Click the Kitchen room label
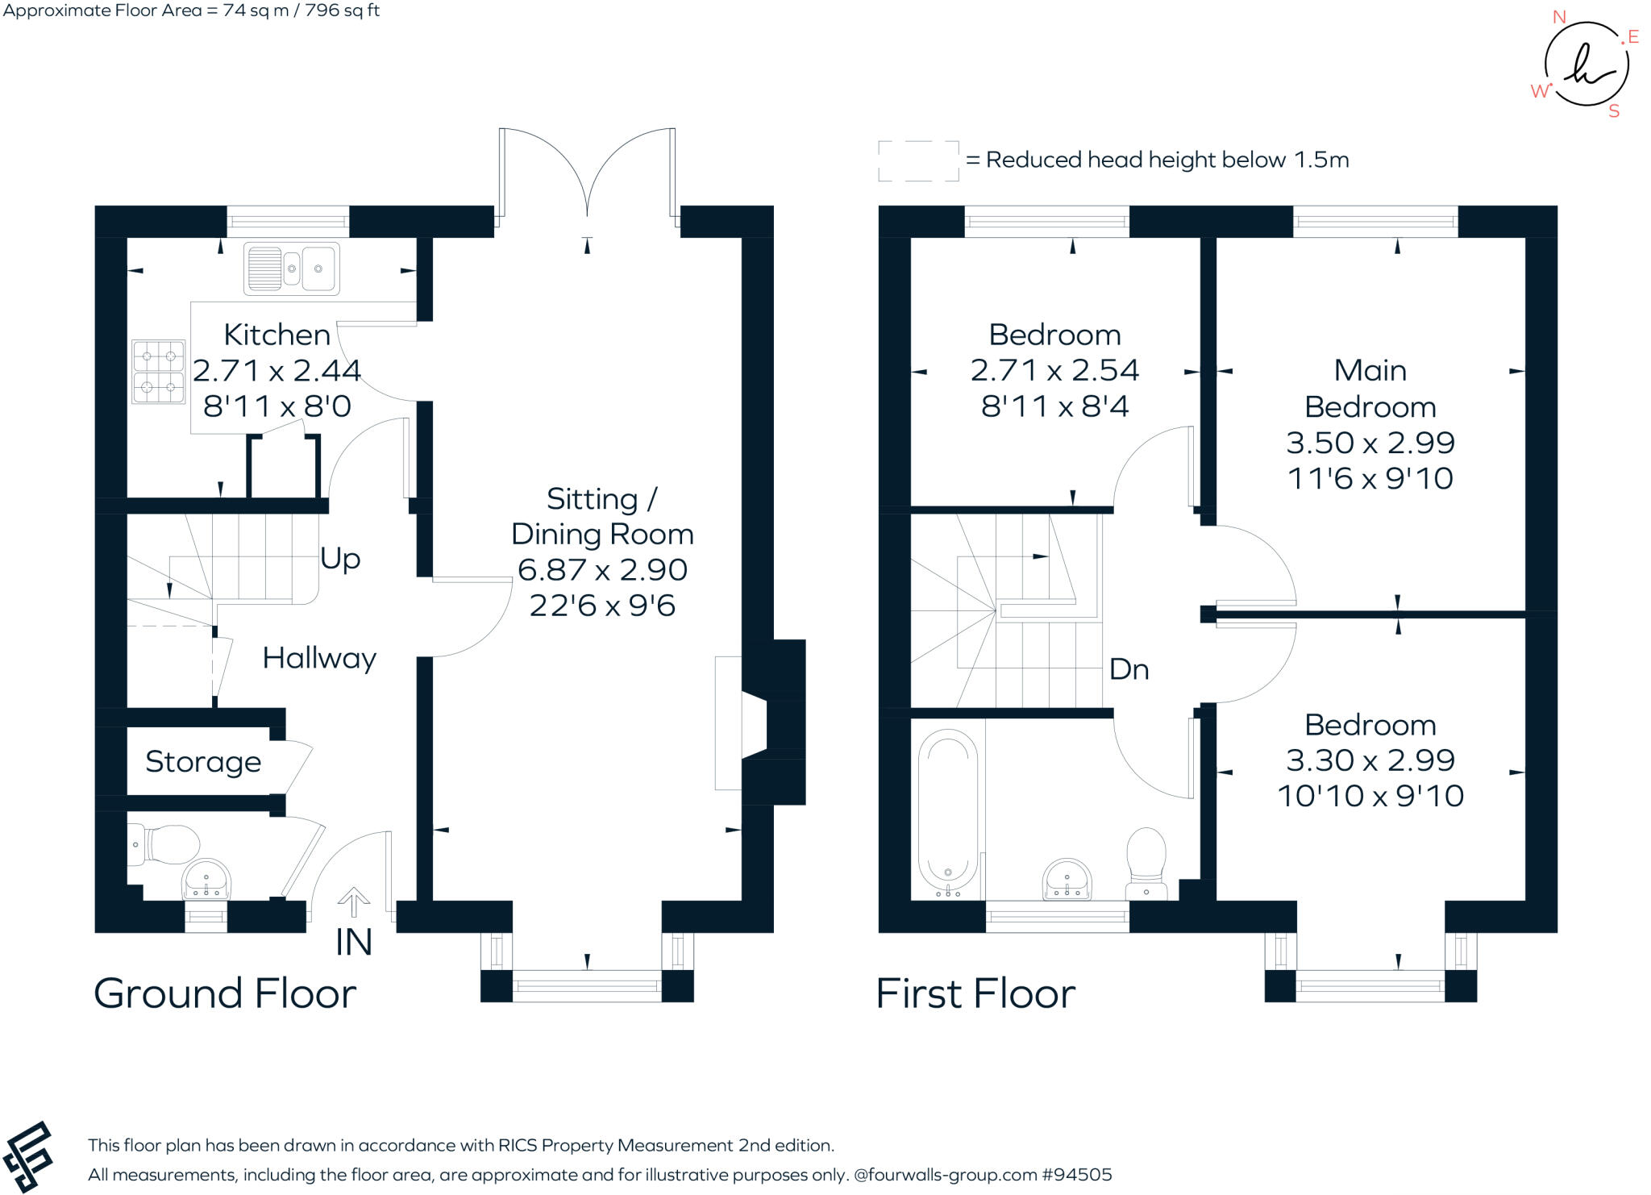[x=277, y=335]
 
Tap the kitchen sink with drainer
[x=291, y=268]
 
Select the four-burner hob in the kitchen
[x=158, y=372]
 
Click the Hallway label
[x=319, y=658]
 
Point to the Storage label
[x=203, y=761]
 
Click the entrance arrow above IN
[x=353, y=901]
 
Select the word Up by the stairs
[x=340, y=558]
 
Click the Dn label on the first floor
[x=1129, y=669]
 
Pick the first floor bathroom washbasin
[x=1067, y=879]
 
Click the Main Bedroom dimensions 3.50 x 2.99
[x=1370, y=442]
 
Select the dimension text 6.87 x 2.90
[x=602, y=569]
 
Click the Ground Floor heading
[x=225, y=993]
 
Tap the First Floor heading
[x=975, y=993]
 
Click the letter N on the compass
[x=1559, y=17]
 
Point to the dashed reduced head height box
[x=918, y=160]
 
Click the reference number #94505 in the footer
[x=1077, y=1175]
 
